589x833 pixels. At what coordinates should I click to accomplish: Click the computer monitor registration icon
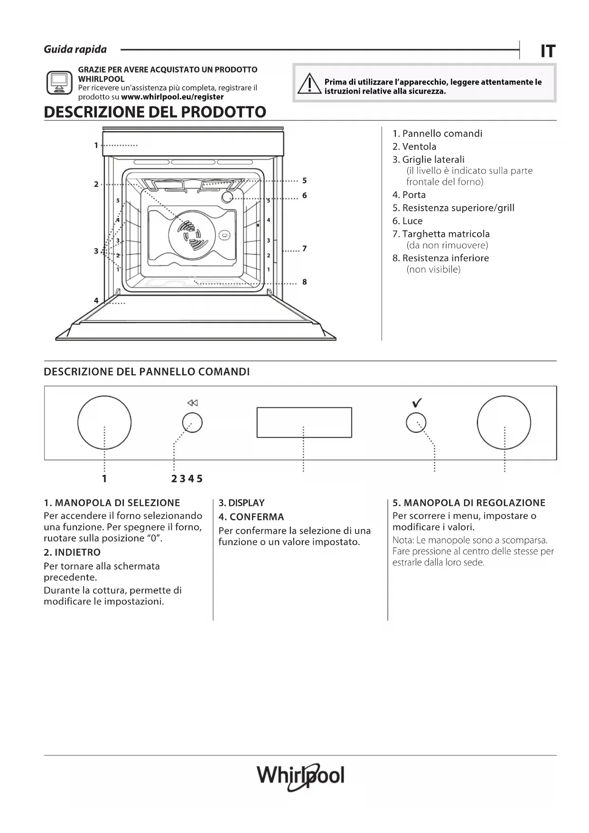59,83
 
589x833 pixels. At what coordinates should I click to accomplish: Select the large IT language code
548,51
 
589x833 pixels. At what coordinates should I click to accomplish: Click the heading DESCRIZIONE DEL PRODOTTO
155,112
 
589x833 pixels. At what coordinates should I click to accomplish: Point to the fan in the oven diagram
192,235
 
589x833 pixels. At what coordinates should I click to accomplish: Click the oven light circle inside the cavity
228,197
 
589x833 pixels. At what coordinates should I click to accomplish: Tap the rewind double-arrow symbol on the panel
192,403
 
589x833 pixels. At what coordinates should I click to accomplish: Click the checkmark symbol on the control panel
417,403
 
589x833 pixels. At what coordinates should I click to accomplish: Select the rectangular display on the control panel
304,422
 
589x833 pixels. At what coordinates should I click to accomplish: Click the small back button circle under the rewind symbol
192,422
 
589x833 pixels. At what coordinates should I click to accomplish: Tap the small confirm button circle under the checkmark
416,422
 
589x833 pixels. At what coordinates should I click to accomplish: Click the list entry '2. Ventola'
414,147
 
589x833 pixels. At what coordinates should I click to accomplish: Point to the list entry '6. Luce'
407,221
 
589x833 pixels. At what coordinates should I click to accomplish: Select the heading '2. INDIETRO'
72,552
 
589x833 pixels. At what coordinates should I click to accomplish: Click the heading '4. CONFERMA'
251,517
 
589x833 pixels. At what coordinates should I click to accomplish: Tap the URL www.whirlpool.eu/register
172,97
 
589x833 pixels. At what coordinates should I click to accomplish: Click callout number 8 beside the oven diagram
305,282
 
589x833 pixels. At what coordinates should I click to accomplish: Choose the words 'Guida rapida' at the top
75,49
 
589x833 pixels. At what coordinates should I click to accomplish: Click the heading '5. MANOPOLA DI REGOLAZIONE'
469,503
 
